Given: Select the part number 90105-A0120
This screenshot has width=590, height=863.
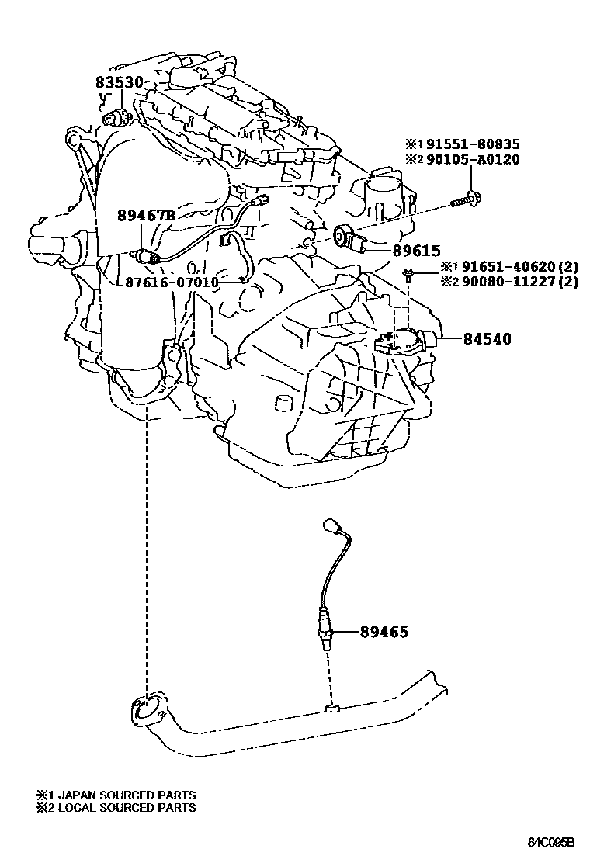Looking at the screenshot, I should tap(472, 159).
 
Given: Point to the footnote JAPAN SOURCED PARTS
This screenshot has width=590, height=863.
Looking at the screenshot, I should tap(116, 795).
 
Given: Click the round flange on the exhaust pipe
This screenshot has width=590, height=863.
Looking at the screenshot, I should tap(144, 711).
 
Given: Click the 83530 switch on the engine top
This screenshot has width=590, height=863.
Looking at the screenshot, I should tap(118, 118).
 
